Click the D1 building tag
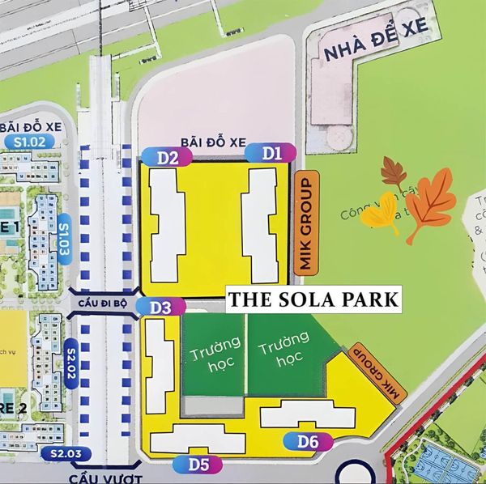(x=271, y=152)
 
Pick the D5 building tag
(x=193, y=465)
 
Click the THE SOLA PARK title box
(x=313, y=299)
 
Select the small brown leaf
(x=394, y=172)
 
